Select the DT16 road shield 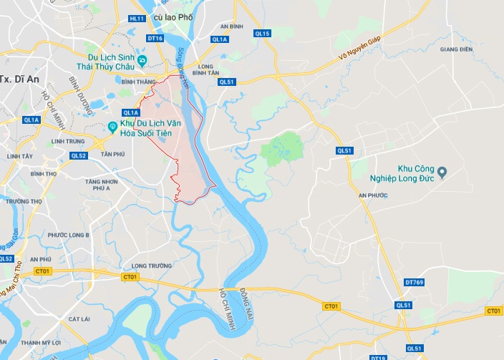[x=155, y=38]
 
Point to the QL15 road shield [x=261, y=34]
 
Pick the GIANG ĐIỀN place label [x=457, y=49]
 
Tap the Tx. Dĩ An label [x=19, y=79]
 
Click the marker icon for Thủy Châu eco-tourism [x=142, y=60]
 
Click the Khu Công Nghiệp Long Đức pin [x=442, y=172]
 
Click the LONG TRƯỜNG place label [x=152, y=266]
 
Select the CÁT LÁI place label [x=79, y=318]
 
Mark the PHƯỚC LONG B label [x=69, y=235]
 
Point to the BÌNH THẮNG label [x=139, y=82]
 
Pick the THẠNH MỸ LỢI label [x=39, y=343]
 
